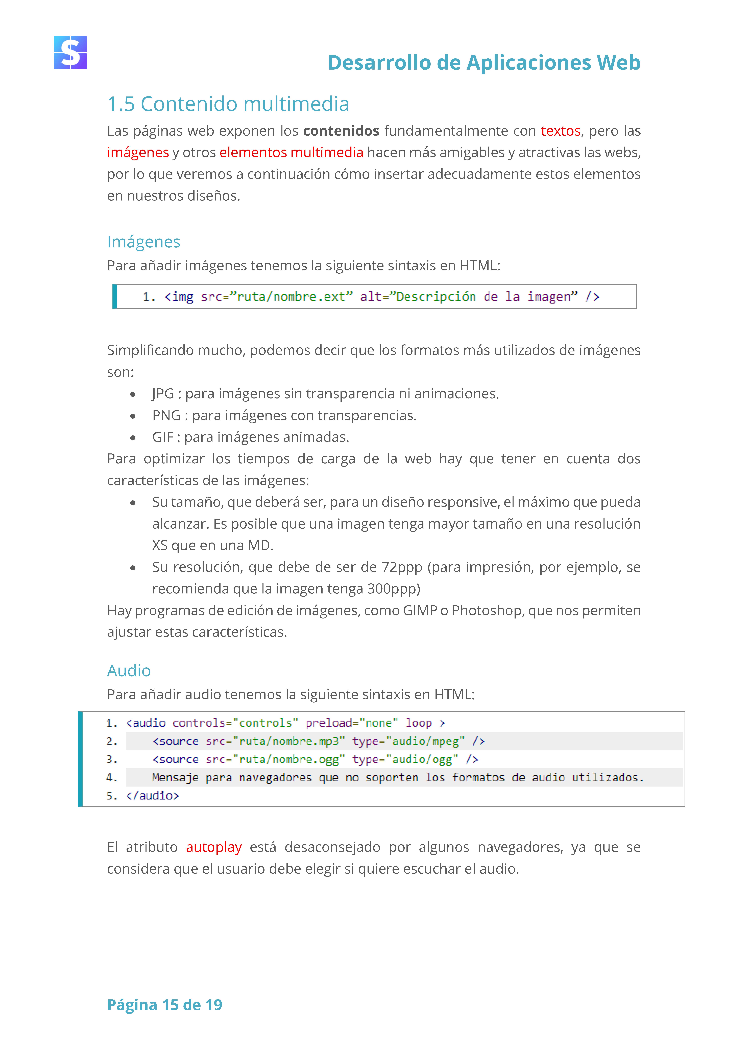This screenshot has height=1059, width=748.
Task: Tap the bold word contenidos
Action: coord(341,131)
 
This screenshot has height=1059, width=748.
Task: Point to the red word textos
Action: coord(560,131)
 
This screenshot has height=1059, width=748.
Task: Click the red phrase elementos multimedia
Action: coord(291,153)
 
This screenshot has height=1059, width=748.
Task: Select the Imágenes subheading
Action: coord(143,242)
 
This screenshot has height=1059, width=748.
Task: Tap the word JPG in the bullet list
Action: coord(163,394)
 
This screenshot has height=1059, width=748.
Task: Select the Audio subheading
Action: coord(129,671)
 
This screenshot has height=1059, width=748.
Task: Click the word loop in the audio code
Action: coord(418,723)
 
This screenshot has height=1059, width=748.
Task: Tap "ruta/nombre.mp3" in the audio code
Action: coord(289,741)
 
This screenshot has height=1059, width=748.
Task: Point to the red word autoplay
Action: coord(214,847)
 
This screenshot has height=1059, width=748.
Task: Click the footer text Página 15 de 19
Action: coord(164,1005)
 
